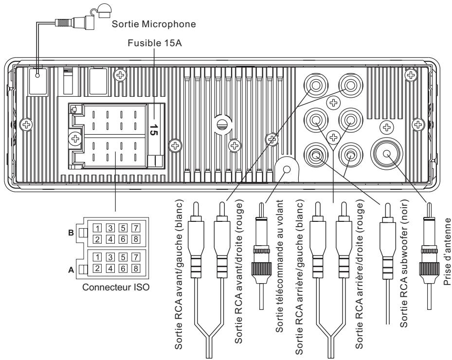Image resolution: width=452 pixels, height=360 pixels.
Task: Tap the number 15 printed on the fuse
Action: pos(153,130)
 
